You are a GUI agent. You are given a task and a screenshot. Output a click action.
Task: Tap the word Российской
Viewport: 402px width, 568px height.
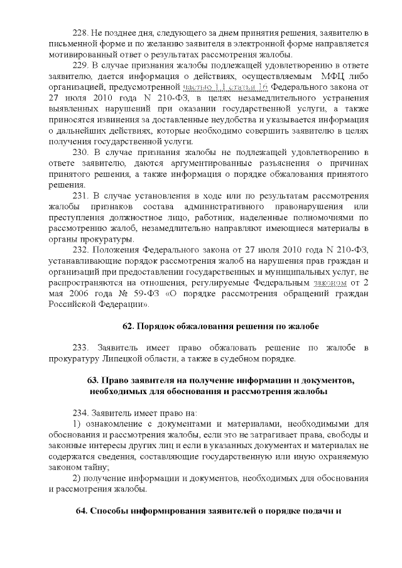(72, 305)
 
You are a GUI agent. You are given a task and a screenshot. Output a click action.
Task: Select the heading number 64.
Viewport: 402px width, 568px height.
(82, 511)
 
